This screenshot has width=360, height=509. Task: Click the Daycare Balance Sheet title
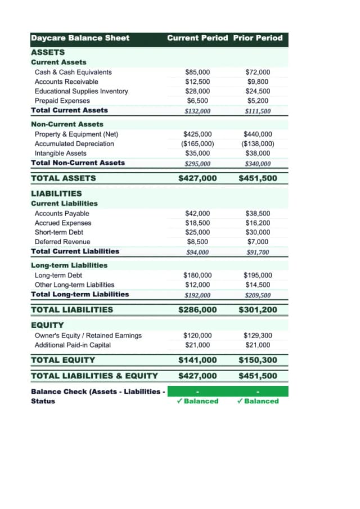pyautogui.click(x=80, y=38)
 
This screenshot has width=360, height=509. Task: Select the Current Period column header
pyautogui.click(x=197, y=38)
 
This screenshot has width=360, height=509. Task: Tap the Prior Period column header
pyautogui.click(x=258, y=38)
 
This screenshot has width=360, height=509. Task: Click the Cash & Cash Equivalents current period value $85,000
pyautogui.click(x=197, y=72)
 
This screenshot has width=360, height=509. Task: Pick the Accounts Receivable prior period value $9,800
pyautogui.click(x=258, y=82)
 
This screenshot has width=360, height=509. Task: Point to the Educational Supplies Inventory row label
pyautogui.click(x=81, y=91)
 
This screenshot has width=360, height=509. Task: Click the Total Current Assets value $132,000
pyautogui.click(x=197, y=111)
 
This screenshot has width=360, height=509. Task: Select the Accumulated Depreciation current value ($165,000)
pyautogui.click(x=197, y=143)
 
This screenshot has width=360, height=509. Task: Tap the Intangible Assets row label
pyautogui.click(x=61, y=153)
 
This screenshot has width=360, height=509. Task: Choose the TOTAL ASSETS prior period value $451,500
pyautogui.click(x=258, y=178)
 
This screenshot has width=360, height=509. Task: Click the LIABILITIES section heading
pyautogui.click(x=56, y=193)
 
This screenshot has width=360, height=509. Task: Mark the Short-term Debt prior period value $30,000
pyautogui.click(x=258, y=232)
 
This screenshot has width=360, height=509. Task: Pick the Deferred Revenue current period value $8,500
pyautogui.click(x=197, y=242)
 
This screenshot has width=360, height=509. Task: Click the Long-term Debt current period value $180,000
pyautogui.click(x=197, y=275)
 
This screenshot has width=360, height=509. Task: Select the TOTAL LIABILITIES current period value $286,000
pyautogui.click(x=197, y=310)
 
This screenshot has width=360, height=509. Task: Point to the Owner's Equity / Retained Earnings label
pyautogui.click(x=88, y=336)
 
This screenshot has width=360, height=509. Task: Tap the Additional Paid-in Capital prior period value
pyautogui.click(x=258, y=345)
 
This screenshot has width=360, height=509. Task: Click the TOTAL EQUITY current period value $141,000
pyautogui.click(x=197, y=360)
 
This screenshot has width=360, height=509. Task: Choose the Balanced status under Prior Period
pyautogui.click(x=258, y=401)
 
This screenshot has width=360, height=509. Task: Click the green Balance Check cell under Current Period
pyautogui.click(x=197, y=391)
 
